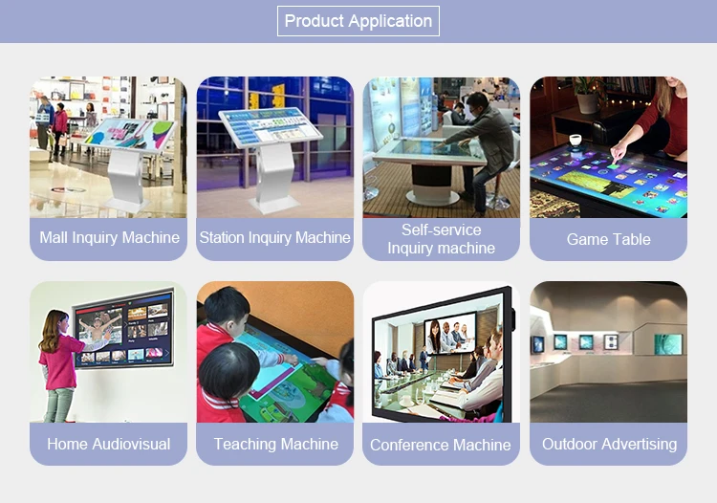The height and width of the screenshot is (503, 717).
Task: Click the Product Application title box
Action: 358,21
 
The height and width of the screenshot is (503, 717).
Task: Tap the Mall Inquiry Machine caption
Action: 109,237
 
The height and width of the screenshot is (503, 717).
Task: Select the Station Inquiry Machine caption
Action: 274,237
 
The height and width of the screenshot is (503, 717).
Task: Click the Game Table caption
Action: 609,239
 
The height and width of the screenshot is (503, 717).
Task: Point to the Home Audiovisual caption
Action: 109,444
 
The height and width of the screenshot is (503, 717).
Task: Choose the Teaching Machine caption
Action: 276,444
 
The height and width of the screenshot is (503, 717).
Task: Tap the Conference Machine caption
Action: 441,445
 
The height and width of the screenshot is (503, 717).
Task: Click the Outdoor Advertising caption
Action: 610,444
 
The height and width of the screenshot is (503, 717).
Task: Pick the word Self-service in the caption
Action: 442,230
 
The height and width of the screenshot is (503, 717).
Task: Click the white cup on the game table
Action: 576,140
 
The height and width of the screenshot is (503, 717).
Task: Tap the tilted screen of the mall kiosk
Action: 129,133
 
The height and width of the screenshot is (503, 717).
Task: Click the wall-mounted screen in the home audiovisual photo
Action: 123,329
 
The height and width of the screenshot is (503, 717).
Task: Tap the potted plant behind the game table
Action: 588,94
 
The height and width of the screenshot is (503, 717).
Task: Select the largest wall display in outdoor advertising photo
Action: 668,344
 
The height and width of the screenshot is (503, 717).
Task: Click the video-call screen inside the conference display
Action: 450,333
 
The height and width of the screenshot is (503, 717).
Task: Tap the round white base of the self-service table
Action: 432,198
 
